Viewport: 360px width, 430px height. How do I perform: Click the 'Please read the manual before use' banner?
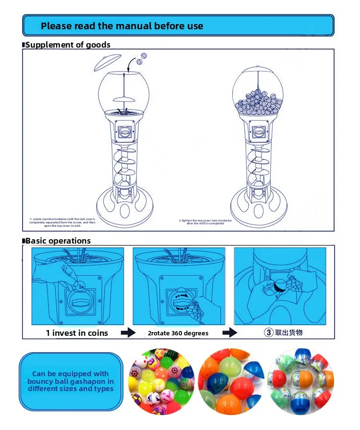coord(178,25)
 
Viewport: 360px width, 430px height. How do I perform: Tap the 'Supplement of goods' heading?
coord(68,45)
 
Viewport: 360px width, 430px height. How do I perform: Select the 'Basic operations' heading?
coord(58,241)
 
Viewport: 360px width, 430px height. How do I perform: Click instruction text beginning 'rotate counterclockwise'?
coord(62,222)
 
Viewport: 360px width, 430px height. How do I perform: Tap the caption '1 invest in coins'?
coord(77,332)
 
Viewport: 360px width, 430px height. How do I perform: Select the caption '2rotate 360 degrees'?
coord(178,333)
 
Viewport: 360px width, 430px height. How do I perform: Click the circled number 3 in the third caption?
coord(269,332)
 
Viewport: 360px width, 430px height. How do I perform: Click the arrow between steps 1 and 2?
coord(128,332)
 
